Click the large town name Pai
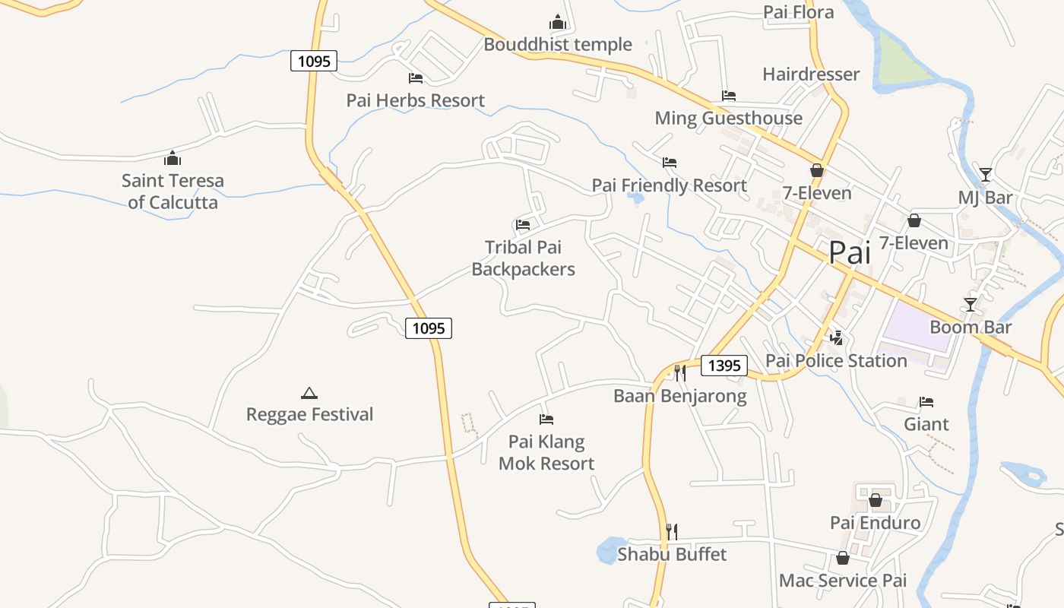tap(850, 252)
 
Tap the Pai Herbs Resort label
tap(415, 100)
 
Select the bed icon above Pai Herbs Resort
tap(416, 78)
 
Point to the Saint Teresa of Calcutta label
tap(173, 192)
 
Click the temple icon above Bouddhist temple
tap(558, 22)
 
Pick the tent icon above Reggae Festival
tap(309, 393)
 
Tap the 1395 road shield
tap(724, 366)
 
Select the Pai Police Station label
tap(836, 360)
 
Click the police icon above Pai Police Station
tap(837, 337)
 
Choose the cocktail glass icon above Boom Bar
tap(971, 305)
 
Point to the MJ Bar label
tap(985, 198)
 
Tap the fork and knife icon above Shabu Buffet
tap(671, 531)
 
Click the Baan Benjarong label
tap(679, 396)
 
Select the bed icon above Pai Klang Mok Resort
tap(546, 419)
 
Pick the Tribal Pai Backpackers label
tap(523, 258)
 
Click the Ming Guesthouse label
tap(728, 118)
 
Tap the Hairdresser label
tap(811, 74)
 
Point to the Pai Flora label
tap(798, 12)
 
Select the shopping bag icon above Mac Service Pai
tap(842, 559)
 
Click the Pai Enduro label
tap(875, 522)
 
